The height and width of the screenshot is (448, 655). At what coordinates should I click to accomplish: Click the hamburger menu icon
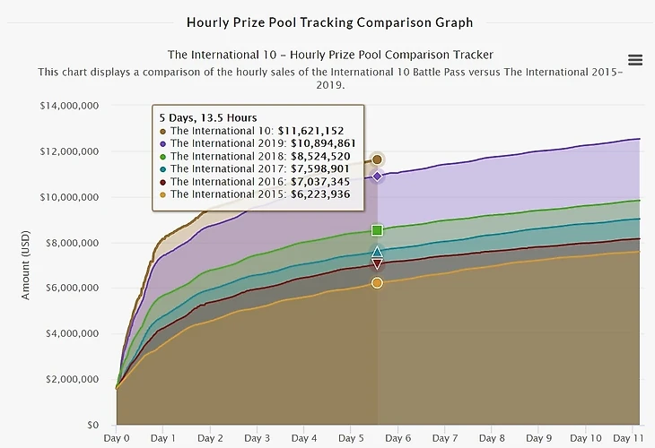pyautogui.click(x=635, y=60)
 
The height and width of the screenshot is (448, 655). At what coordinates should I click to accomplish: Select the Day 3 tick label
pyautogui.click(x=257, y=439)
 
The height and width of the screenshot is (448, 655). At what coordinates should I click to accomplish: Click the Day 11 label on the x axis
pyautogui.click(x=627, y=439)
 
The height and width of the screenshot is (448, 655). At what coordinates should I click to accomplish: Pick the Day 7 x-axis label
pyautogui.click(x=444, y=439)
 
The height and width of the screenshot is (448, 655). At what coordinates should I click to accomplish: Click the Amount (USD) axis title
pyautogui.click(x=27, y=265)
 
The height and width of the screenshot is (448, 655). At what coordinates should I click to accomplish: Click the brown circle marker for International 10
pyautogui.click(x=377, y=159)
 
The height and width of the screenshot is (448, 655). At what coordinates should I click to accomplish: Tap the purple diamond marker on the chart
pyautogui.click(x=377, y=177)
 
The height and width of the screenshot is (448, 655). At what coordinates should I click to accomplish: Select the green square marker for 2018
pyautogui.click(x=377, y=230)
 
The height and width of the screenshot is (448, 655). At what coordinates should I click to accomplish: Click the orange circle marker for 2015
pyautogui.click(x=377, y=283)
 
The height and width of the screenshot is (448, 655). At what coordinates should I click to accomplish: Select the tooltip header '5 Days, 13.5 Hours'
pyautogui.click(x=208, y=117)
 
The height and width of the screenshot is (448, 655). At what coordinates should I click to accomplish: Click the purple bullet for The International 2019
pyautogui.click(x=163, y=143)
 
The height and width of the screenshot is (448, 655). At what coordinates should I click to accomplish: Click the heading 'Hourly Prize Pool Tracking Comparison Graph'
pyautogui.click(x=329, y=22)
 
